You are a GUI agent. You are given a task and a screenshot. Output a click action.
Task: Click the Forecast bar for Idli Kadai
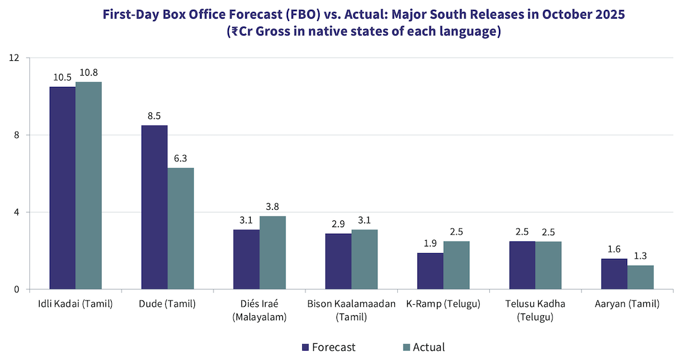63,188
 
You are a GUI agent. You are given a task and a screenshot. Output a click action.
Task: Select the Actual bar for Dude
181,228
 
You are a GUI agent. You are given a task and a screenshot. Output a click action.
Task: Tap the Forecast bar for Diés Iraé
246,259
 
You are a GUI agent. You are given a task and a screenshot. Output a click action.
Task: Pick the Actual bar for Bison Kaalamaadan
364,259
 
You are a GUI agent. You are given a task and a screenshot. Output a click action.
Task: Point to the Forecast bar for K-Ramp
430,271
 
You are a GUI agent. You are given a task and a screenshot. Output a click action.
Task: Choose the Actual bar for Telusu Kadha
548,265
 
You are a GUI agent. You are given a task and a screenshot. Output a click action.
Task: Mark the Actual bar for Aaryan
640,277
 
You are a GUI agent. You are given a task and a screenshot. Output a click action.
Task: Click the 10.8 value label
89,73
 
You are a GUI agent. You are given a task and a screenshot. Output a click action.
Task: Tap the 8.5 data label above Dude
155,116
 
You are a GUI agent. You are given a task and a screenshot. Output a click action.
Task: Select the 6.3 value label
181,158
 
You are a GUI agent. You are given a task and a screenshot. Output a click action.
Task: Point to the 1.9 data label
430,243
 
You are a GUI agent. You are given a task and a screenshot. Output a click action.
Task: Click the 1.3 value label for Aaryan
640,256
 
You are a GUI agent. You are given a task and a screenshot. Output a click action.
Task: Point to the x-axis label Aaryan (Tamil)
626,304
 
